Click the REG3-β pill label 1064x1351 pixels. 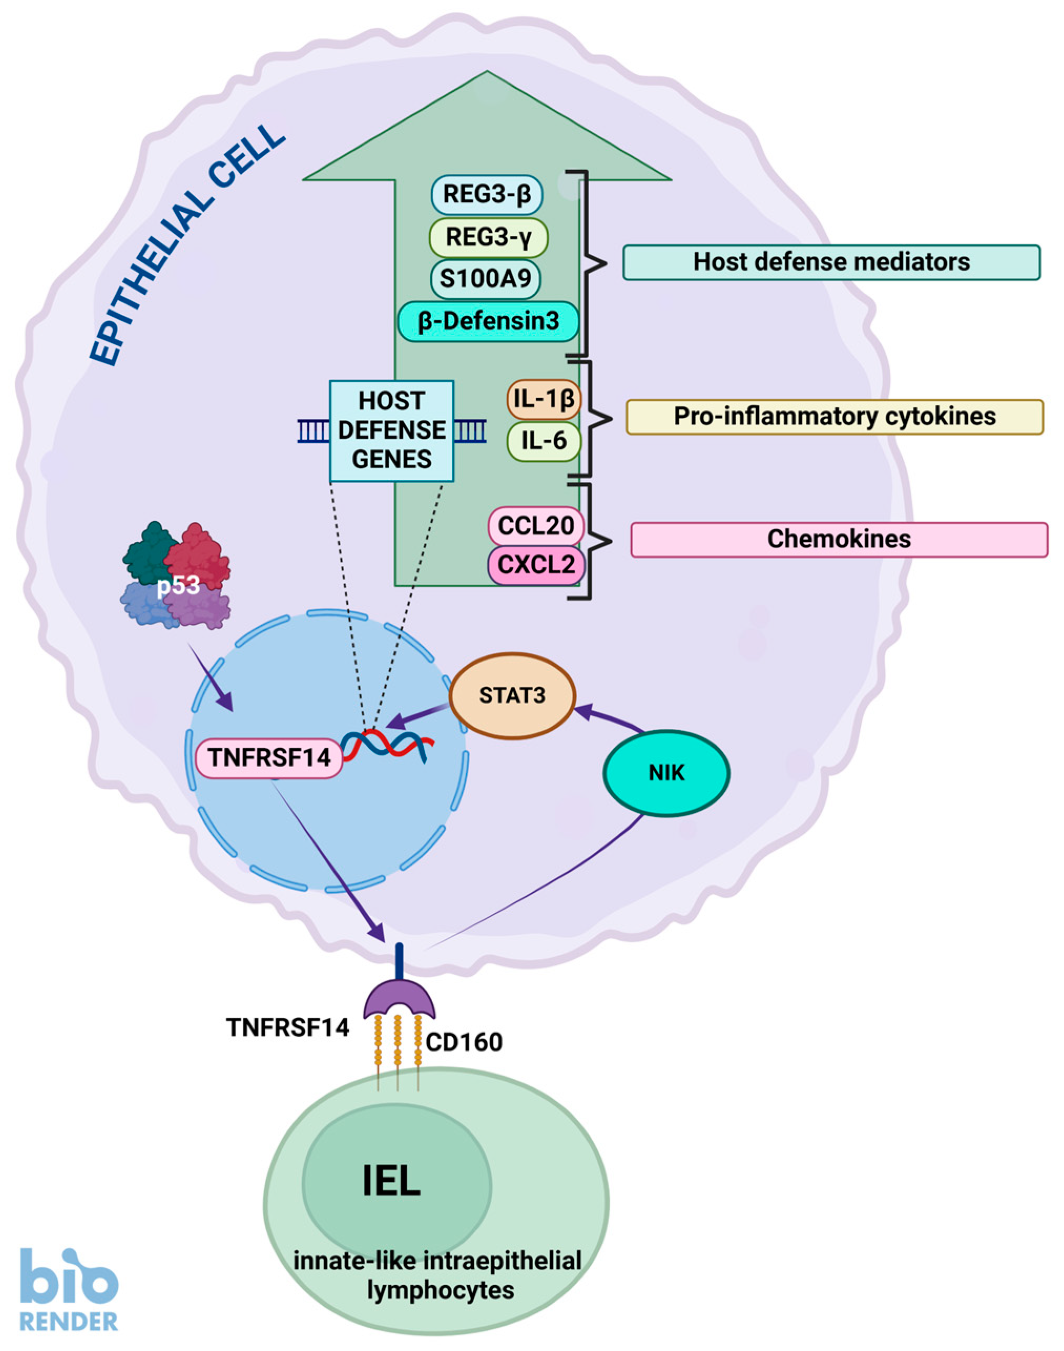pyautogui.click(x=486, y=194)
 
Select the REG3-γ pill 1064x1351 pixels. pyautogui.click(x=488, y=238)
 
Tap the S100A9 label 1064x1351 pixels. pyautogui.click(x=485, y=279)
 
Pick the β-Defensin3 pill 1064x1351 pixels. pyautogui.click(x=488, y=322)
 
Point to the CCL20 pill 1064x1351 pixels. pyautogui.click(x=536, y=526)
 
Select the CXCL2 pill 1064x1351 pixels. pyautogui.click(x=536, y=565)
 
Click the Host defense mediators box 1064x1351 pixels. pyautogui.click(x=832, y=262)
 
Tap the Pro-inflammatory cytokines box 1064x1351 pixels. pyautogui.click(x=834, y=417)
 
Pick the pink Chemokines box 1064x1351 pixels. pyautogui.click(x=839, y=540)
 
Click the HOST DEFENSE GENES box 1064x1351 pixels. pyautogui.click(x=392, y=431)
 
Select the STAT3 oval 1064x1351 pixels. pyautogui.click(x=512, y=695)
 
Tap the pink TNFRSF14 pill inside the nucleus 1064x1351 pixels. pyautogui.click(x=269, y=758)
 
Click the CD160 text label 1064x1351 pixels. pyautogui.click(x=464, y=1043)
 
